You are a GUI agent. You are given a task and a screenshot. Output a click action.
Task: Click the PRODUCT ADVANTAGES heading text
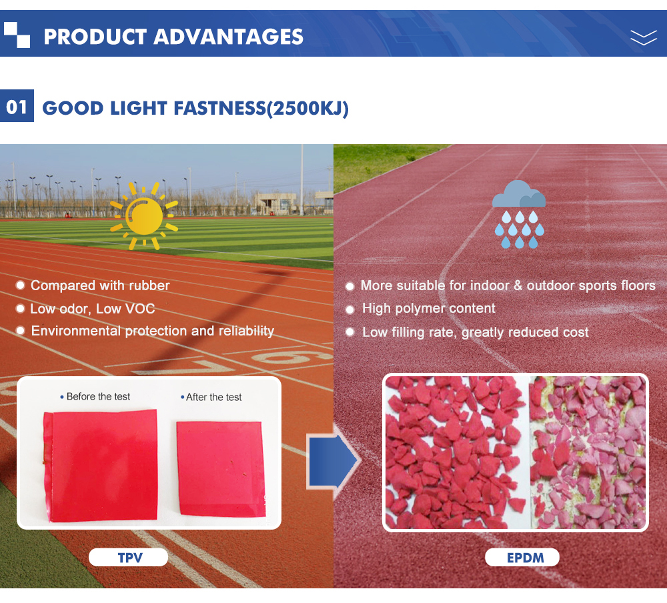click(x=173, y=37)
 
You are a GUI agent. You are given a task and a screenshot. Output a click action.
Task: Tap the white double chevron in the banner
click(x=644, y=38)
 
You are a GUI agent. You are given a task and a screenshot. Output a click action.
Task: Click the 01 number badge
click(x=17, y=106)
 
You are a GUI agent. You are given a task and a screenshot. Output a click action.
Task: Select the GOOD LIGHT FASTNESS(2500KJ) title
click(x=195, y=108)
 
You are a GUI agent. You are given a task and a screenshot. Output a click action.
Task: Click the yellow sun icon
click(x=144, y=216)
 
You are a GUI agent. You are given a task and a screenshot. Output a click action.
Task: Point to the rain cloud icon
click(x=519, y=214)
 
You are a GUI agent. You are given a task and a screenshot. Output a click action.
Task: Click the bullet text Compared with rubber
click(x=100, y=285)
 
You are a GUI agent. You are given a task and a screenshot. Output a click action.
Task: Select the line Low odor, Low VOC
click(x=92, y=309)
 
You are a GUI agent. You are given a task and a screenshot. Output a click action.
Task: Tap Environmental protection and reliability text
click(x=153, y=331)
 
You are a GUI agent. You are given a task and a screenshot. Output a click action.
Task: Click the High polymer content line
click(x=429, y=308)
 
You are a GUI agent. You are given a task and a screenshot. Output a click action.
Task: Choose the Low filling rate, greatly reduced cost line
click(x=475, y=332)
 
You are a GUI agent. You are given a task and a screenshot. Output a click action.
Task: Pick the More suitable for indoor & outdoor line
click(x=508, y=285)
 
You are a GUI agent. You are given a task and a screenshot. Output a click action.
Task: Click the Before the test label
click(x=98, y=397)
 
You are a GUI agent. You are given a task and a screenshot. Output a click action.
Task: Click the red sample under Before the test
click(x=101, y=466)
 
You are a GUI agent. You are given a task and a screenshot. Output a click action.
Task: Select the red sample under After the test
click(x=221, y=469)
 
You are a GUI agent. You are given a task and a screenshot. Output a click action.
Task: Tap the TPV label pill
click(x=129, y=558)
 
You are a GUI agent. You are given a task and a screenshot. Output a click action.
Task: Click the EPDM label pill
click(x=522, y=558)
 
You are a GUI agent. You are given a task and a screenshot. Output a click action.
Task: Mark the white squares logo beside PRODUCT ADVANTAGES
click(x=17, y=35)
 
